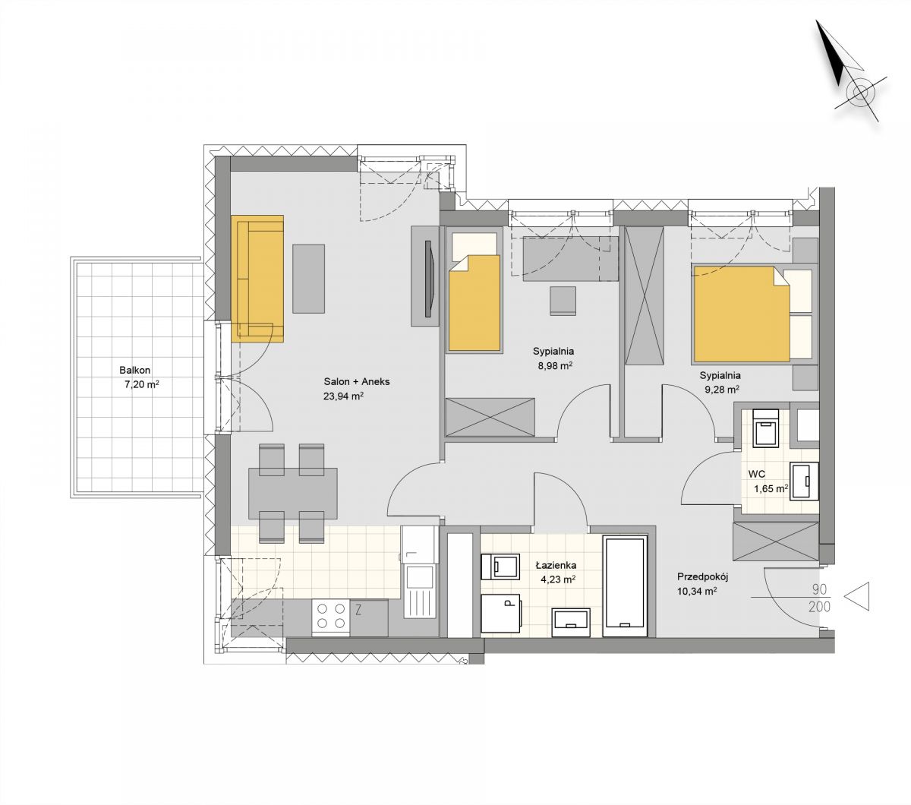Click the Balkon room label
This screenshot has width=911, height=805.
click(135, 371)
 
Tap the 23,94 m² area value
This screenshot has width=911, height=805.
click(343, 396)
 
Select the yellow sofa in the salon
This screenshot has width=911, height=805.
click(257, 279)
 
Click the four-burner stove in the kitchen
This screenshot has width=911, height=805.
click(330, 616)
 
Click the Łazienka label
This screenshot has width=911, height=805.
click(556, 566)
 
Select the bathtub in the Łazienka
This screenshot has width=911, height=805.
click(625, 586)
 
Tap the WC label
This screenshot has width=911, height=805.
click(756, 474)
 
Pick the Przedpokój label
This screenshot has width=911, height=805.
click(702, 577)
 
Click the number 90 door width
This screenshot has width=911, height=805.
click(819, 589)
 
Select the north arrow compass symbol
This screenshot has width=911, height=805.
click(846, 72)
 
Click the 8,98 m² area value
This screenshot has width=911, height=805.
click(555, 366)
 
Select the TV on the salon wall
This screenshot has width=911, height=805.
click(428, 280)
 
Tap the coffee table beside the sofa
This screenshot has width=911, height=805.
click(308, 279)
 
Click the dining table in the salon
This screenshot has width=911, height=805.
click(293, 494)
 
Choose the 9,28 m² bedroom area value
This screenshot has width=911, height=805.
click(722, 390)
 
